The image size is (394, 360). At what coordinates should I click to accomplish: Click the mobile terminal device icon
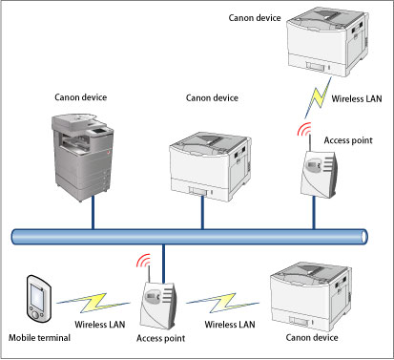pos(38,299)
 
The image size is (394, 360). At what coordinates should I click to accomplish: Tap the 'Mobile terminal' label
pos(39,338)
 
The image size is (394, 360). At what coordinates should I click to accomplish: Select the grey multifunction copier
pos(82,157)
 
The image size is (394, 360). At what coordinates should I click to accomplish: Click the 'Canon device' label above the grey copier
pos(80,97)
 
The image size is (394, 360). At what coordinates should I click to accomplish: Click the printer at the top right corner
pos(328,42)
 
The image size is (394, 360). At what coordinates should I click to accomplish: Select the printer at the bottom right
pos(311,297)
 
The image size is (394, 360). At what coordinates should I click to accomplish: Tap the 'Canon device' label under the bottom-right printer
pos(312,337)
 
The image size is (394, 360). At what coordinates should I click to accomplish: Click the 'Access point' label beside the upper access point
pos(348,140)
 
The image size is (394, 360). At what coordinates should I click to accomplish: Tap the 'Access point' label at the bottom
pos(160,338)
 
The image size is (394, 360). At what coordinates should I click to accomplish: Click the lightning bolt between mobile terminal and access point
pos(93,303)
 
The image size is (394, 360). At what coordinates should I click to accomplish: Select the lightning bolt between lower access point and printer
pos(222,303)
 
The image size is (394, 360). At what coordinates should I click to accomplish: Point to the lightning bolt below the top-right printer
pos(317,97)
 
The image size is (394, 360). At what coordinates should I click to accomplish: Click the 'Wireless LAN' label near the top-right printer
pos(357,98)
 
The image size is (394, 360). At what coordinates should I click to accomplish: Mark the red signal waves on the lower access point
pos(143,260)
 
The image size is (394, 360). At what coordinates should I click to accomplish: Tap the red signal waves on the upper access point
pos(304,129)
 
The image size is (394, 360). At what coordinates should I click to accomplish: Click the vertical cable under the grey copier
pos(93,212)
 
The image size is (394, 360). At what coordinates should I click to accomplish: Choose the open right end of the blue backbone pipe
pos(364,237)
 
